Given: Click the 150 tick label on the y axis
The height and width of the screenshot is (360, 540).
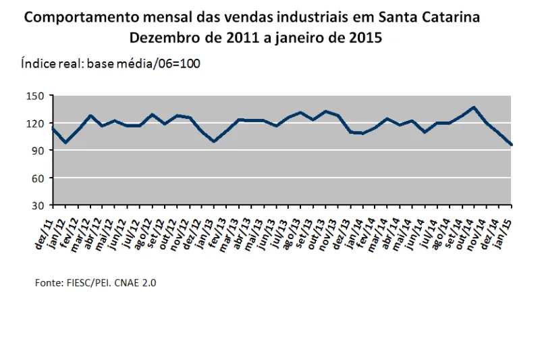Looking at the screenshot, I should point(36,96).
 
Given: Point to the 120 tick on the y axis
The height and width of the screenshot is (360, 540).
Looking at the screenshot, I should point(36,123).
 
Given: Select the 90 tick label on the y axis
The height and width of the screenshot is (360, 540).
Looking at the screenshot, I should point(38,151).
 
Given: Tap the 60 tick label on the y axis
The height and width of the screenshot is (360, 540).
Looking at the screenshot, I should point(38,178).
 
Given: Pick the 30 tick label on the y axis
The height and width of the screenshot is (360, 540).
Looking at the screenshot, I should point(38,205).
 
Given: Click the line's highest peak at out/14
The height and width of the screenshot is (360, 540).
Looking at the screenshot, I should point(475,107).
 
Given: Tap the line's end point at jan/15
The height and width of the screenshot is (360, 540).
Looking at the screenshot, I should point(511,145).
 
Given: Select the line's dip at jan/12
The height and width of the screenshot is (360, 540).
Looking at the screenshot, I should point(65,143).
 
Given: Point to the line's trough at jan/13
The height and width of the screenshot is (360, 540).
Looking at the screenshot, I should point(214,141).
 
